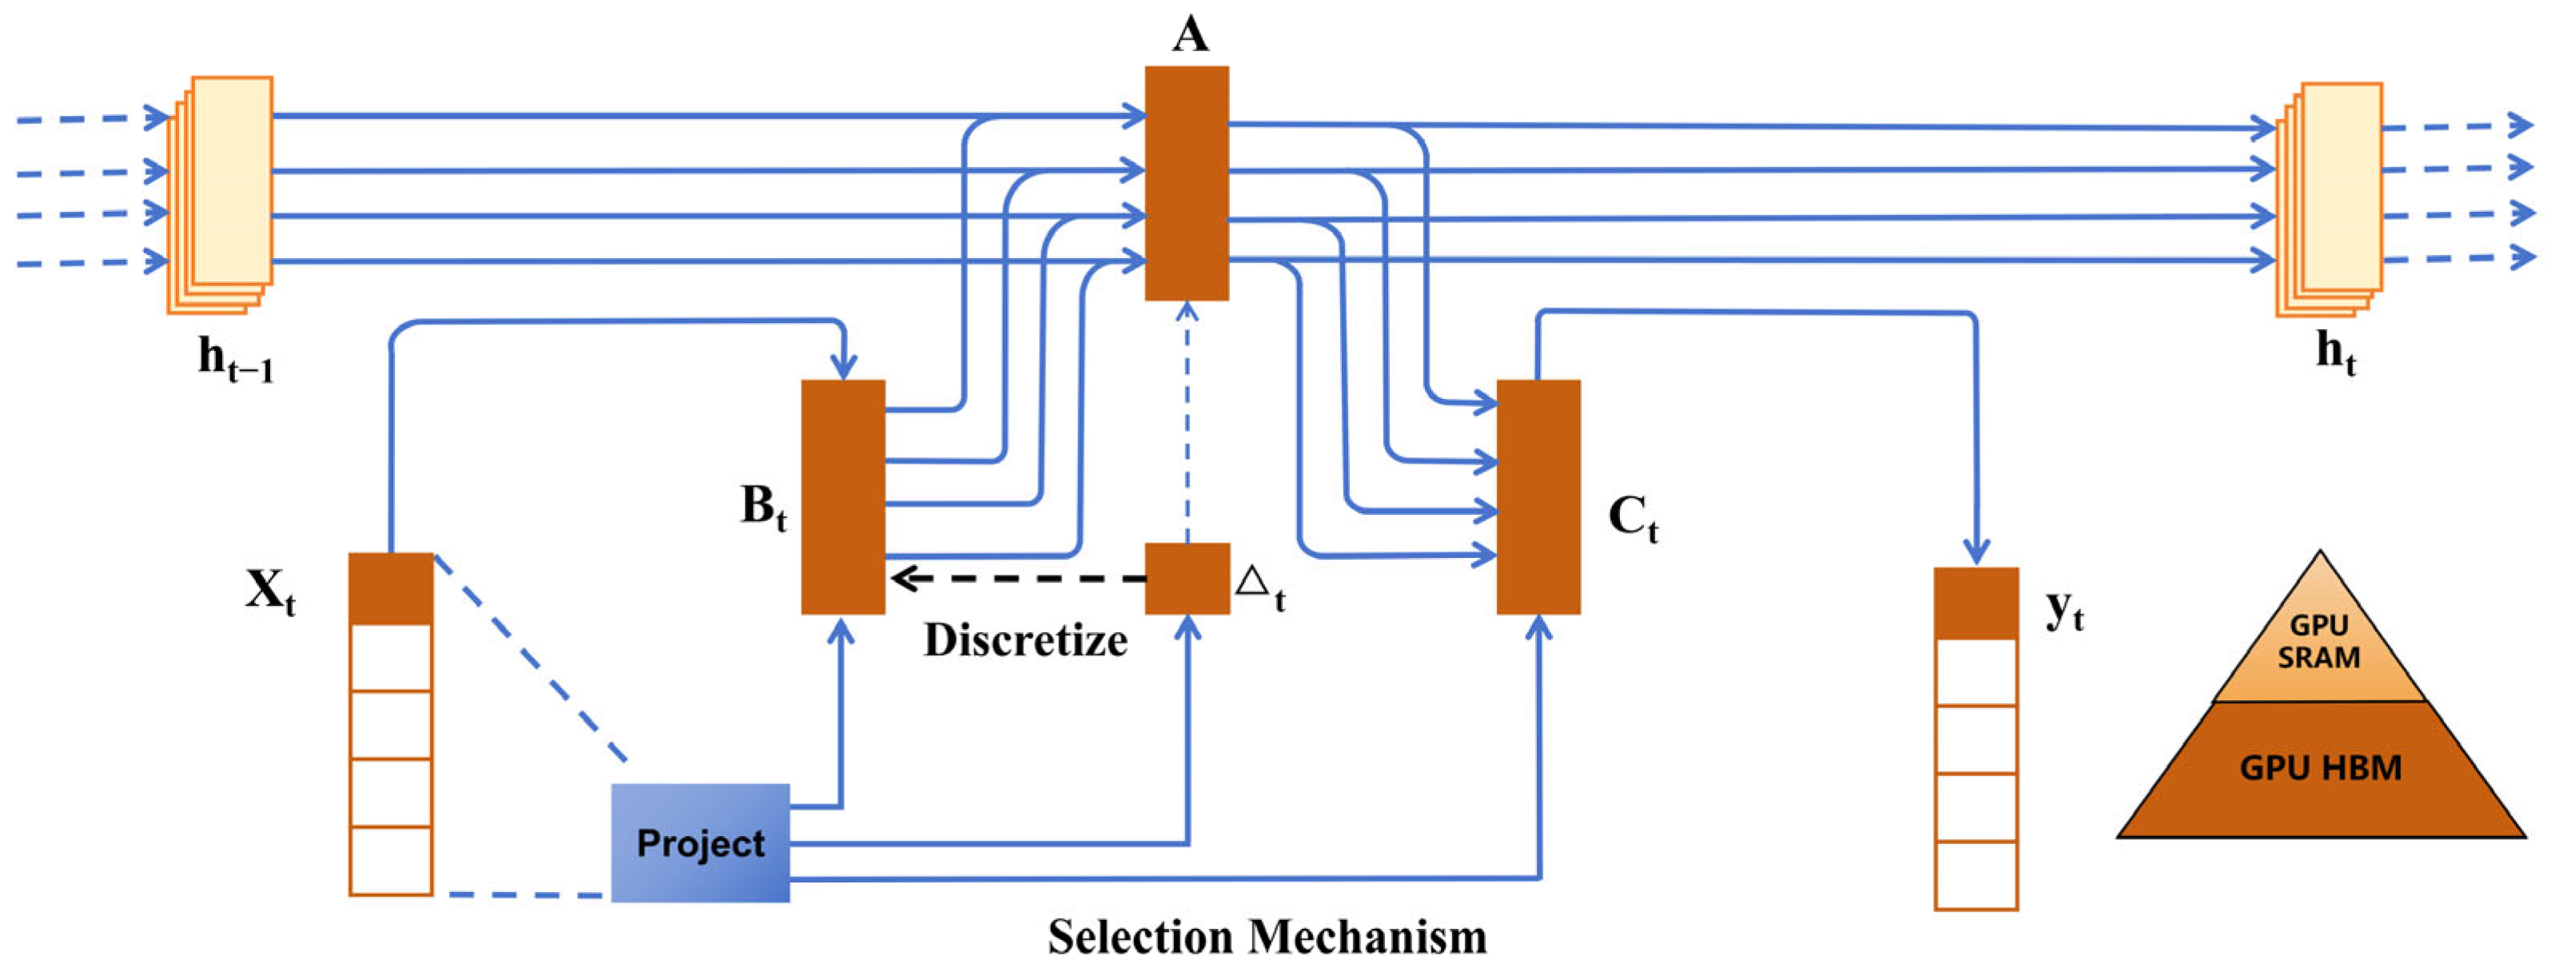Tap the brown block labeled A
(x=1186, y=184)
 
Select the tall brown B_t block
(x=842, y=496)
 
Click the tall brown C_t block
(x=1538, y=496)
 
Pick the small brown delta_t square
(x=1186, y=577)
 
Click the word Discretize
(x=1025, y=641)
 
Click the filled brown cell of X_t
(x=391, y=588)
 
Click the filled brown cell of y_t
(x=1976, y=603)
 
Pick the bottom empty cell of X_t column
(x=391, y=860)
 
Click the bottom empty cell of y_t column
(x=1976, y=874)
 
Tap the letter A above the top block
(x=1189, y=34)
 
